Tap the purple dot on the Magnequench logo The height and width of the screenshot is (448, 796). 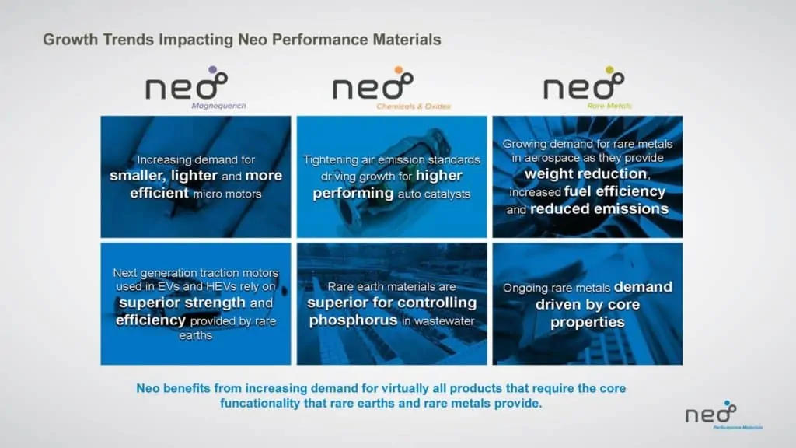point(212,69)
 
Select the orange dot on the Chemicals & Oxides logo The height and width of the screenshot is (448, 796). point(399,69)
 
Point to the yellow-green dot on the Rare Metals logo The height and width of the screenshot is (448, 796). point(609,69)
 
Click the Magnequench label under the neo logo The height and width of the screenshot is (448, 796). point(218,106)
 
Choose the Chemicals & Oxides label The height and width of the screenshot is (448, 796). point(414,106)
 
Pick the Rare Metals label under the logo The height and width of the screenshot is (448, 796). point(609,106)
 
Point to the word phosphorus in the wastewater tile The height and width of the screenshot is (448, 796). point(353,320)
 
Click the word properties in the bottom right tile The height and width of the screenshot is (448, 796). point(588,322)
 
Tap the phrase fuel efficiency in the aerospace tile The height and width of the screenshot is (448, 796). point(615,191)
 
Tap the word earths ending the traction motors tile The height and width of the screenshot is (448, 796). point(195,335)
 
